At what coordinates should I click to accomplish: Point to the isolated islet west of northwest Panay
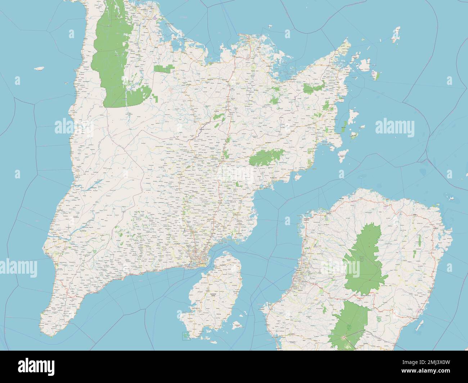(x=39, y=68)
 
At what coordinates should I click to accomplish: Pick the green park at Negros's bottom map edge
(x=351, y=324)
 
